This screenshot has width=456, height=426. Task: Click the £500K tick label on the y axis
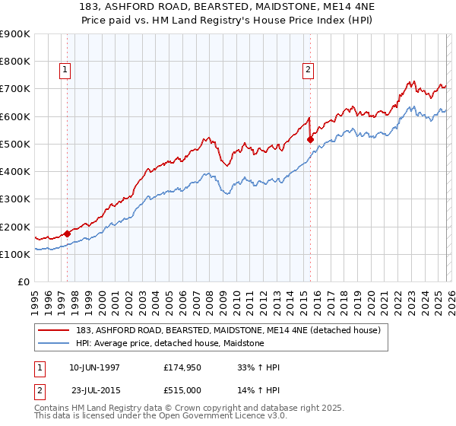point(15,144)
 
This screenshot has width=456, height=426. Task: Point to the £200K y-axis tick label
point(15,227)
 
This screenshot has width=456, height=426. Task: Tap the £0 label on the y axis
point(24,282)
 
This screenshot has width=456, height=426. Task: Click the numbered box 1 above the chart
point(65,70)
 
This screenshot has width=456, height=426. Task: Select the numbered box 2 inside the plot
point(309,70)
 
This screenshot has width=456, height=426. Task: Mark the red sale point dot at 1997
point(68,234)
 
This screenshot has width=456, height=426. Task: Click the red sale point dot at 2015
point(310,139)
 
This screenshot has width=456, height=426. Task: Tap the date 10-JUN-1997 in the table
point(94,367)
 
